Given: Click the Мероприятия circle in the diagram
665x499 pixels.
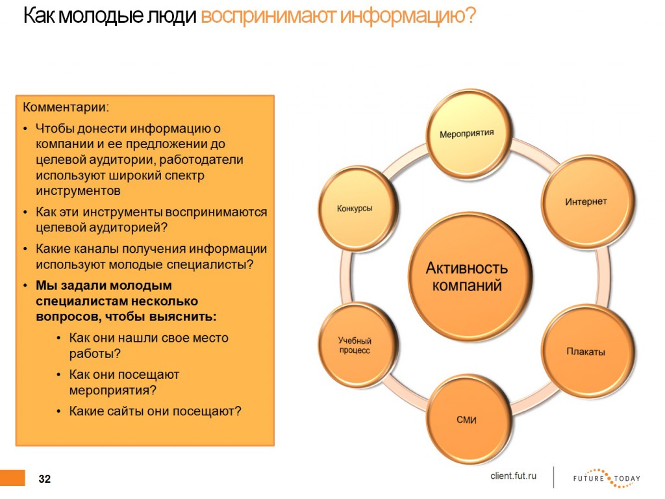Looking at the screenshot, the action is [x=468, y=133].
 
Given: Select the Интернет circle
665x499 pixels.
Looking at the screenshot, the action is [x=587, y=201].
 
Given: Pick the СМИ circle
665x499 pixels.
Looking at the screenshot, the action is [x=468, y=419].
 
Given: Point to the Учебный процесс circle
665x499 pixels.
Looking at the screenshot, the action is [x=357, y=344].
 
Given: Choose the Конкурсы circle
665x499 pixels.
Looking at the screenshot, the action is [x=357, y=208].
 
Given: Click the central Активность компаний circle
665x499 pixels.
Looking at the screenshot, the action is [x=468, y=276].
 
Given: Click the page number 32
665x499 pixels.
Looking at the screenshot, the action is [x=45, y=479].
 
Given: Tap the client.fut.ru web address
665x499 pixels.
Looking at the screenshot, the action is [x=513, y=476].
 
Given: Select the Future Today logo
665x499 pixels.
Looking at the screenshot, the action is [x=607, y=478].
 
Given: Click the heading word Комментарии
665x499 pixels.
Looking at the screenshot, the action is [x=66, y=107].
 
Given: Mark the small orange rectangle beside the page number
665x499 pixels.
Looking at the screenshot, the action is [x=13, y=478].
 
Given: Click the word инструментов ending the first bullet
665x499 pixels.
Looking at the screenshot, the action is [x=78, y=191].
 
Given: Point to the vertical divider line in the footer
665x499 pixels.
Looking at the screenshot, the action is [x=553, y=478].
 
